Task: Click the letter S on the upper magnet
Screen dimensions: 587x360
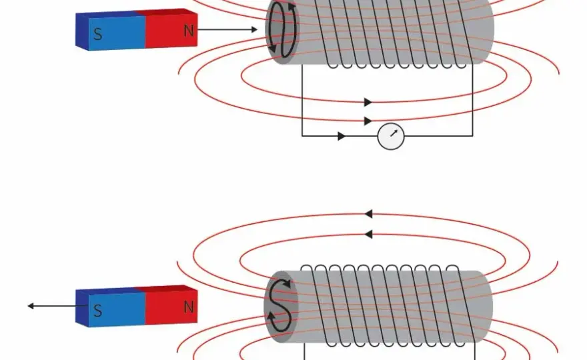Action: (97, 34)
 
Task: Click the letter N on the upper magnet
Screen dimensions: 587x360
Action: (189, 31)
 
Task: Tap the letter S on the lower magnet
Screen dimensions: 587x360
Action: (97, 311)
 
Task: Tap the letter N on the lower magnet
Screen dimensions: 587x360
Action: (189, 307)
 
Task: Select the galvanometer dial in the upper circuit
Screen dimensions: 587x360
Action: (391, 136)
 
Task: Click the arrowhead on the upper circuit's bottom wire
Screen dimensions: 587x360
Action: (342, 136)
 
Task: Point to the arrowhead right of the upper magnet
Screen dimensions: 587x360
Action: (254, 29)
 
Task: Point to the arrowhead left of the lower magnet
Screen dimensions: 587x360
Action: (31, 306)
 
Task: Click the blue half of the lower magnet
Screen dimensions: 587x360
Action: (111, 307)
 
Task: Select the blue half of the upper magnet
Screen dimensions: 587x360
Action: (111, 31)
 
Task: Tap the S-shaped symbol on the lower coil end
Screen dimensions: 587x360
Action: (280, 306)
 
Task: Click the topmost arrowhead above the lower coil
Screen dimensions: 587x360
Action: (368, 214)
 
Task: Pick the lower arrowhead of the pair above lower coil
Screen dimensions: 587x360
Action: (368, 235)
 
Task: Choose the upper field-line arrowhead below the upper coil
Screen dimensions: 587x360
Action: (368, 102)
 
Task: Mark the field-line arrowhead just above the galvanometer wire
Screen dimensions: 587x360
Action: (368, 121)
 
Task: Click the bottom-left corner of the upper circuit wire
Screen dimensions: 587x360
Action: (302, 136)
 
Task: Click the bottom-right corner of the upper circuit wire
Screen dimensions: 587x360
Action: (473, 136)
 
